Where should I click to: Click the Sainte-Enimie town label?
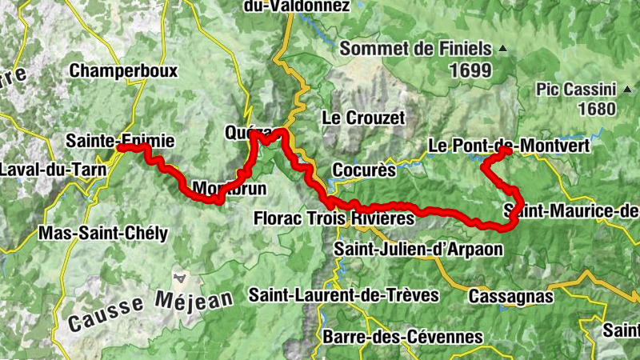pyautogui.click(x=120, y=142)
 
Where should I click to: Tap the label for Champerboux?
pyautogui.click(x=122, y=70)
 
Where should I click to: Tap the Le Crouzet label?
pyautogui.click(x=363, y=118)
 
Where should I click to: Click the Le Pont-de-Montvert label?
pyautogui.click(x=509, y=146)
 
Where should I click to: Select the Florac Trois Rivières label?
pyautogui.click(x=334, y=218)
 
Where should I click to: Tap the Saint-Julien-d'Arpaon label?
pyautogui.click(x=419, y=249)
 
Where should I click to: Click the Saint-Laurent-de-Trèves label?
pyautogui.click(x=344, y=294)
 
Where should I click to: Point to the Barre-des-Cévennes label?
pyautogui.click(x=402, y=337)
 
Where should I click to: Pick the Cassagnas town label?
pyautogui.click(x=511, y=297)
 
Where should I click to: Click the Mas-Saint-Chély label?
pyautogui.click(x=103, y=234)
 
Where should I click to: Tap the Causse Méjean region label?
pyautogui.click(x=150, y=310)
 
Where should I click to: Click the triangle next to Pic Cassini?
pyautogui.click(x=626, y=89)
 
